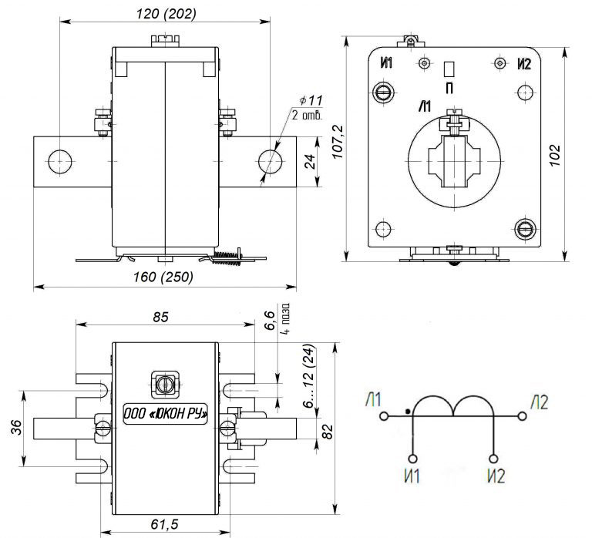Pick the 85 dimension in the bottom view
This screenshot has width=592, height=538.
tap(160, 316)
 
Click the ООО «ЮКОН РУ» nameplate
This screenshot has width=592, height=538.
tap(166, 413)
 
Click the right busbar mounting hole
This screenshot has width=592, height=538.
tap(269, 161)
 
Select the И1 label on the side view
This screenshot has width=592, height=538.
tap(386, 62)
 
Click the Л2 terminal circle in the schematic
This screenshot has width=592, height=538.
tap(522, 416)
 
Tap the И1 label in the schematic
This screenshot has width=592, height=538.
tap(412, 475)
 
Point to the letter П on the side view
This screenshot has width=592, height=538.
tap(449, 88)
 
